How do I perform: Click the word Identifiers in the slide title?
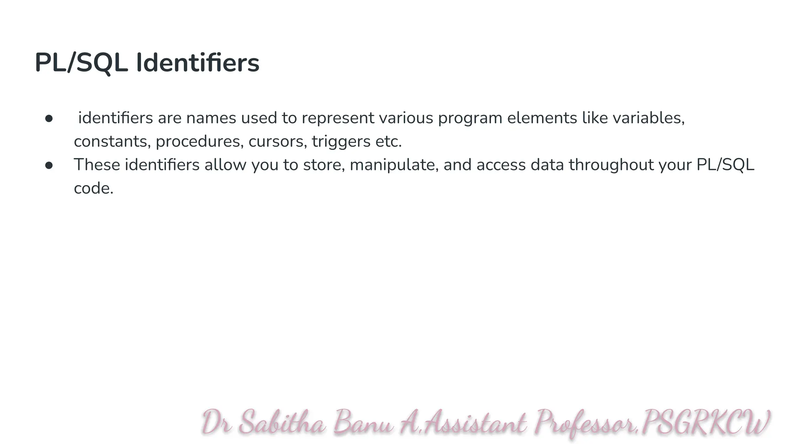click(x=198, y=63)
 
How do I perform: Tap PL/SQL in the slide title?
click(x=81, y=63)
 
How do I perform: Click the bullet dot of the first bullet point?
click(x=49, y=118)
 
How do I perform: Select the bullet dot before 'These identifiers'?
click(x=49, y=165)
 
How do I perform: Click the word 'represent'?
click(x=338, y=118)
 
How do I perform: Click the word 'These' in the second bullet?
click(x=97, y=165)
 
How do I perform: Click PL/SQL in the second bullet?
click(x=725, y=165)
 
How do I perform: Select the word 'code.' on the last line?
click(x=94, y=188)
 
